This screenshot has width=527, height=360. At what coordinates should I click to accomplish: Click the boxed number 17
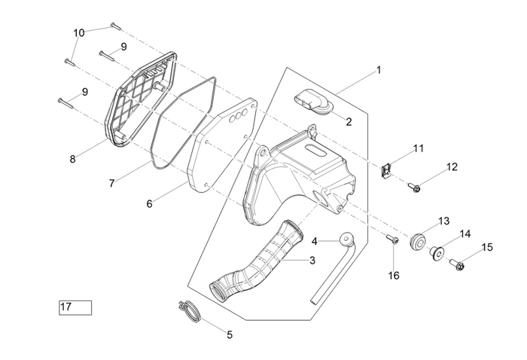click(x=75, y=307)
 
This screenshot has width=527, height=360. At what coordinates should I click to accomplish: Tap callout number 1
click(x=379, y=70)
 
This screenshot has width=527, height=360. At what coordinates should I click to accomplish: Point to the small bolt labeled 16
click(x=392, y=241)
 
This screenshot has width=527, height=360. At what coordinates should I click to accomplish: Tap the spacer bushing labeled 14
click(x=436, y=253)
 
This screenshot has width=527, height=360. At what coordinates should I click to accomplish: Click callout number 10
click(x=79, y=33)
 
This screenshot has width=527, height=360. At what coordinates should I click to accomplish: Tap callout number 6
click(x=149, y=203)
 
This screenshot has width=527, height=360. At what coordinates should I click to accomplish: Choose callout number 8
click(x=72, y=159)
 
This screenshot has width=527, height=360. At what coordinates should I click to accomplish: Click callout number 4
click(x=316, y=241)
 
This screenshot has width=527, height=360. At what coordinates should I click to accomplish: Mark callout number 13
click(x=443, y=221)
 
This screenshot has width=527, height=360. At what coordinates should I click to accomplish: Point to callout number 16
click(x=393, y=276)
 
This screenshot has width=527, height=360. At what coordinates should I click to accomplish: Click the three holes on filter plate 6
click(x=239, y=115)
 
